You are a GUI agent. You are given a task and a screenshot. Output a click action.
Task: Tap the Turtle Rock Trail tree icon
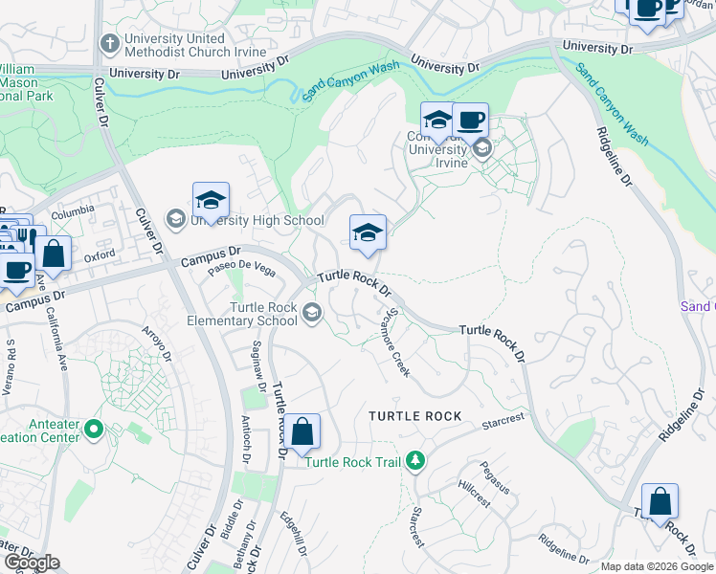(414, 461)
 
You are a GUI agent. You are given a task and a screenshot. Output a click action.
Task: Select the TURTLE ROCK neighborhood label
(415, 416)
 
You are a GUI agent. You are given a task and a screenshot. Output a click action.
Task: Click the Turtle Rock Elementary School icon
(312, 313)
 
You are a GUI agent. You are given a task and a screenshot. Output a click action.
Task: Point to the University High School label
(257, 221)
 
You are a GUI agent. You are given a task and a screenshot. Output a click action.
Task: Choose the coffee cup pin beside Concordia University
(470, 121)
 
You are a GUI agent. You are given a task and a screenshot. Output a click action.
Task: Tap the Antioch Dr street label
(247, 446)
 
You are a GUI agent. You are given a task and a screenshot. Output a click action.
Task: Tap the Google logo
(31, 563)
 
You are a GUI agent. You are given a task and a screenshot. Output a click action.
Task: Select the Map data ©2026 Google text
(657, 566)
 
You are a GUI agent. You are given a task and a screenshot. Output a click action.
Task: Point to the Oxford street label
(100, 256)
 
